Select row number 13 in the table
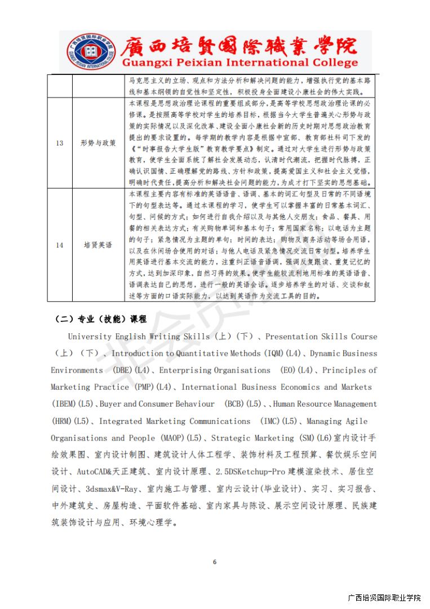pyautogui.click(x=59, y=143)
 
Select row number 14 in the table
pyautogui.click(x=59, y=245)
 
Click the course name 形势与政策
pyautogui.click(x=98, y=143)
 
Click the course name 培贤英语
pyautogui.click(x=98, y=245)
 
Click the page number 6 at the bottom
pyautogui.click(x=215, y=562)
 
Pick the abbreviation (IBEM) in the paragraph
pyautogui.click(x=65, y=404)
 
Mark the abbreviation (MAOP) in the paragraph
pyautogui.click(x=172, y=438)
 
